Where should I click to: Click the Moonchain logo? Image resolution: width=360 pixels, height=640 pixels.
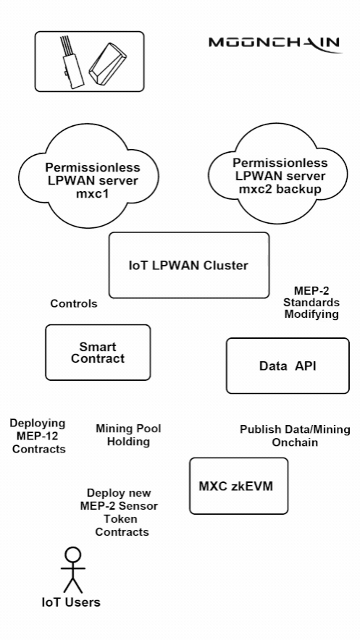pyautogui.click(x=275, y=43)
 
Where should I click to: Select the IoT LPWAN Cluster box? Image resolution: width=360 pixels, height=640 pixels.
pyautogui.click(x=188, y=266)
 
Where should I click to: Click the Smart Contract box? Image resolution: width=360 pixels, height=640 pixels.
pyautogui.click(x=98, y=353)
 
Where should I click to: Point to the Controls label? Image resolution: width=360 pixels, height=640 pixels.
pyautogui.click(x=74, y=304)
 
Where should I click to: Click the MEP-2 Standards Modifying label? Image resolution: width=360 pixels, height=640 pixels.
pyautogui.click(x=311, y=303)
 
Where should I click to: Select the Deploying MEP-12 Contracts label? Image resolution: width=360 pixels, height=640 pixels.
pyautogui.click(x=38, y=436)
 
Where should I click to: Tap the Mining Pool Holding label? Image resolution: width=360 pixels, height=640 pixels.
pyautogui.click(x=128, y=435)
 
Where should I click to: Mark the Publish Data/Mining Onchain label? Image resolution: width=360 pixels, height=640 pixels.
pyautogui.click(x=295, y=436)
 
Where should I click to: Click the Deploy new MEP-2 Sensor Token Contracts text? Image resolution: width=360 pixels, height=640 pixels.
pyautogui.click(x=119, y=512)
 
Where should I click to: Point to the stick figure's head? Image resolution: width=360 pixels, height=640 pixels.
pyautogui.click(x=72, y=555)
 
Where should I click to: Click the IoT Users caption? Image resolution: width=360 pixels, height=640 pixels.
pyautogui.click(x=70, y=602)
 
